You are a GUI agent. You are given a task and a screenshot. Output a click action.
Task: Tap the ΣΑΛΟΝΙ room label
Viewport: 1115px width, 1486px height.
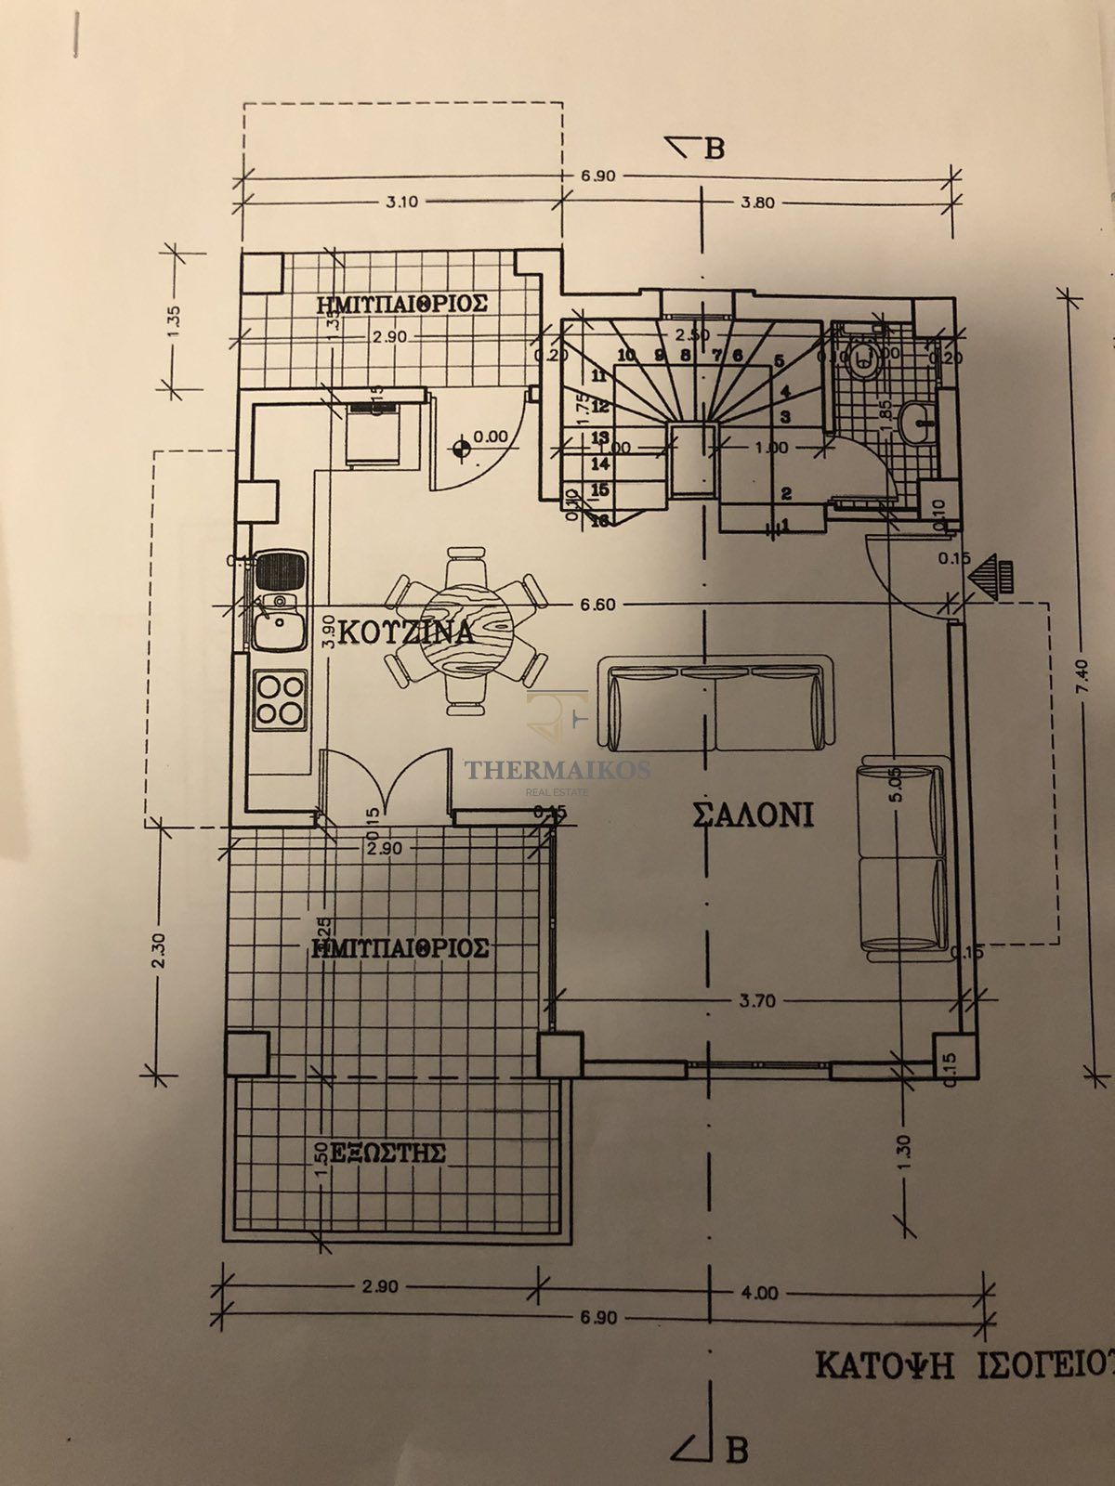pyautogui.click(x=753, y=815)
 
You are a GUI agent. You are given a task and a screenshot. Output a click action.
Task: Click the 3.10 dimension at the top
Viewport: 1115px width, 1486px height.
pyautogui.click(x=401, y=202)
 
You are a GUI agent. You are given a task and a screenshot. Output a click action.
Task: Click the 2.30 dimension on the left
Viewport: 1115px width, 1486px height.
pyautogui.click(x=160, y=949)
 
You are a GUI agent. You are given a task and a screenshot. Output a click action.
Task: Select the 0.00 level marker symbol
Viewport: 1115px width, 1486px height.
pyautogui.click(x=459, y=451)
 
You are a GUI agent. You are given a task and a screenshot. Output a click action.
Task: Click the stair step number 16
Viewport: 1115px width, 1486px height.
pyautogui.click(x=599, y=522)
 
